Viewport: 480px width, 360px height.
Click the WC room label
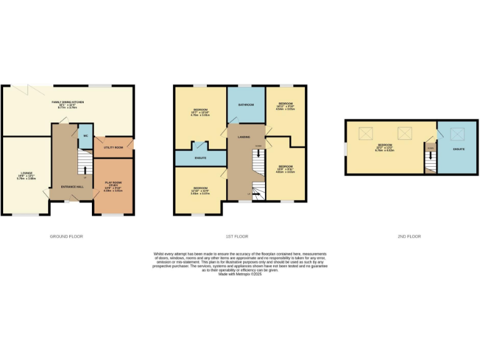pyautogui.click(x=84, y=135)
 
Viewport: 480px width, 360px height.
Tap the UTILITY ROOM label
pyautogui.click(x=113, y=147)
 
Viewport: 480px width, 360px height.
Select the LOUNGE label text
pyautogui.click(x=26, y=176)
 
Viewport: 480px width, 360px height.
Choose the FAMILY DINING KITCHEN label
pyautogui.click(x=67, y=104)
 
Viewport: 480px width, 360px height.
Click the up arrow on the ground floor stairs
pyautogui.click(x=85, y=169)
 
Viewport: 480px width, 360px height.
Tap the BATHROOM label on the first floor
pyautogui.click(x=246, y=104)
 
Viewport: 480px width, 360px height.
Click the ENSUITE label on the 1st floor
pyautogui.click(x=201, y=158)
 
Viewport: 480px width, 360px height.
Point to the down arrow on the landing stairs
pyautogui.click(x=257, y=152)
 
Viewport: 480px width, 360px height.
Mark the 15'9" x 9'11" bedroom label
pyautogui.click(x=286, y=169)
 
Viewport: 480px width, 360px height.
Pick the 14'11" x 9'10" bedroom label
pyautogui.click(x=286, y=106)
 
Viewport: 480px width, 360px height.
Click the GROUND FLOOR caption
pyautogui.click(x=66, y=236)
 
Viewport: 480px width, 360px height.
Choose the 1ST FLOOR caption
pyautogui.click(x=237, y=236)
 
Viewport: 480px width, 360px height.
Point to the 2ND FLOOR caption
pyautogui.click(x=409, y=236)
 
